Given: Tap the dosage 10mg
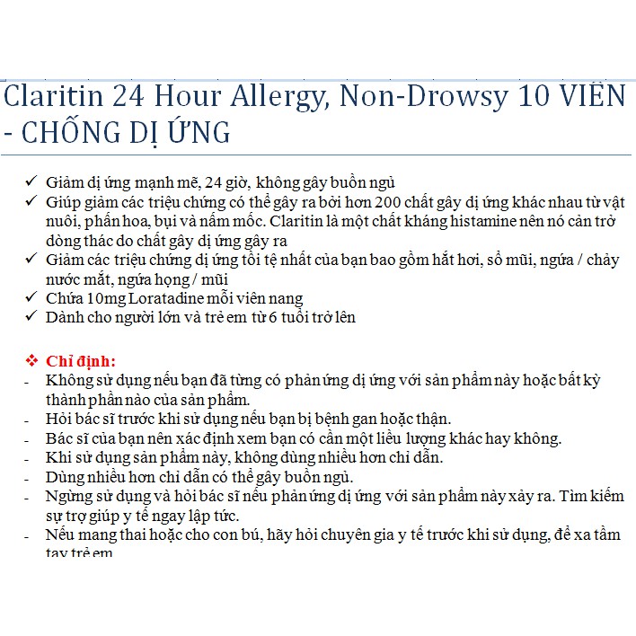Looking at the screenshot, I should pyautogui.click(x=105, y=297).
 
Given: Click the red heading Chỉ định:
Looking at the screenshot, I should pyautogui.click(x=82, y=361).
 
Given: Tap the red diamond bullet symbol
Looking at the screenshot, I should pyautogui.click(x=31, y=361).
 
